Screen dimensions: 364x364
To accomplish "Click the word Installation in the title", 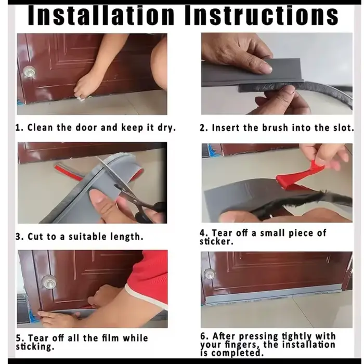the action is (101, 16).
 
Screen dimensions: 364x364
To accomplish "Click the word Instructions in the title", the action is (262, 16).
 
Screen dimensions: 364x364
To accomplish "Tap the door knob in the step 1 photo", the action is (30, 71).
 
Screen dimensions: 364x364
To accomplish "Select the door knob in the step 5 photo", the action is (49, 282).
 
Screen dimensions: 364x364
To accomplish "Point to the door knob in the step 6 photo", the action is (210, 275).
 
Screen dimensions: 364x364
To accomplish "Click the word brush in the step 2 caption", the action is (275, 128).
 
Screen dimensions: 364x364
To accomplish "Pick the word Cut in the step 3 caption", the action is (35, 237).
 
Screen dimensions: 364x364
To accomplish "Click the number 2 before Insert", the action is (202, 128).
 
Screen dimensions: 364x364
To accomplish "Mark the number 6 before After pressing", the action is (203, 336).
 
